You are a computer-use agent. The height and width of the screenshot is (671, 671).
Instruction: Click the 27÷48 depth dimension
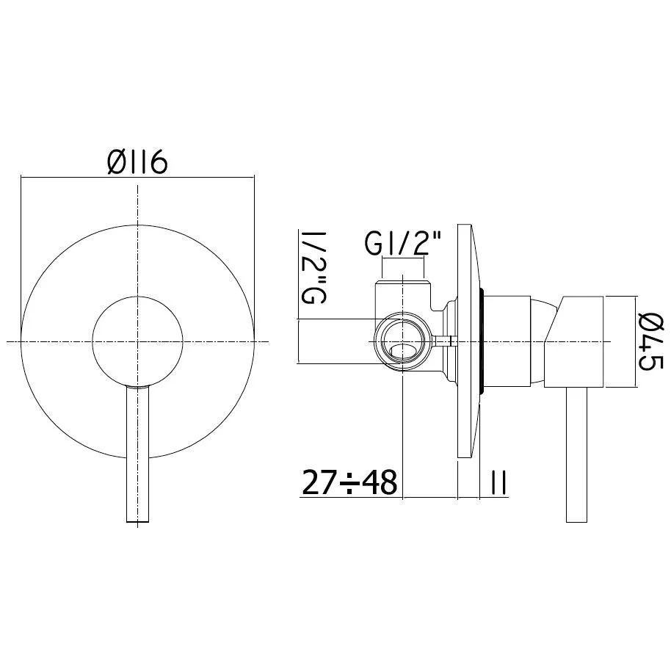click(x=349, y=483)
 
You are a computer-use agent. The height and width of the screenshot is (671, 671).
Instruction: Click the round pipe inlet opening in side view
click(x=403, y=342)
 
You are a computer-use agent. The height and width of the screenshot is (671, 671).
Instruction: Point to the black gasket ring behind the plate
click(x=482, y=342)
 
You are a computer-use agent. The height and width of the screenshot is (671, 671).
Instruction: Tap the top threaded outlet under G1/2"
click(x=403, y=286)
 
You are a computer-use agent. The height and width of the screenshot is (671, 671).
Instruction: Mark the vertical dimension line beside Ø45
click(x=634, y=341)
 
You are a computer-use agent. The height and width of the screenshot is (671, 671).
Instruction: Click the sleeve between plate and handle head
click(x=508, y=341)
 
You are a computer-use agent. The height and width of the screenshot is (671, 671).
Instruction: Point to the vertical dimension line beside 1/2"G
click(x=299, y=341)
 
